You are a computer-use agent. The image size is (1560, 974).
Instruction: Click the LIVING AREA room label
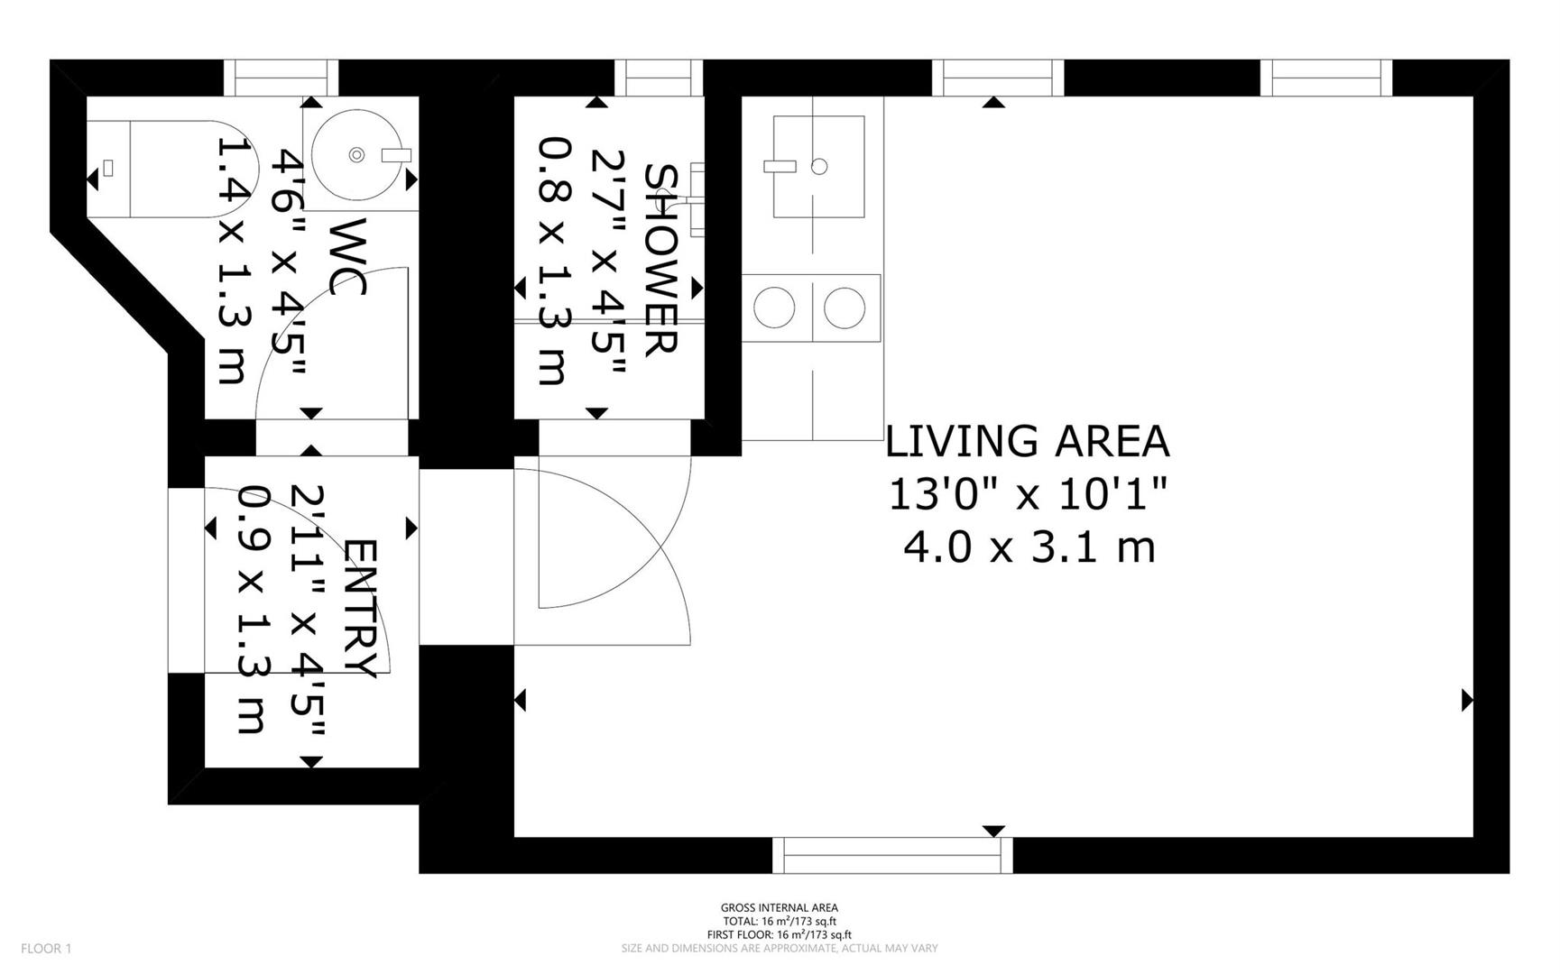[1027, 442]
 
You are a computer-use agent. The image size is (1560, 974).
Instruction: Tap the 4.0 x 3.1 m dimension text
[1029, 547]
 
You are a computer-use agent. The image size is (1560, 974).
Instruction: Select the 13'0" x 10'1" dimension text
[1029, 494]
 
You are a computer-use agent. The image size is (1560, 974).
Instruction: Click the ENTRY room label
[360, 609]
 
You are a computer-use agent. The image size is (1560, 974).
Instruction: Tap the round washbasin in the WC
[357, 155]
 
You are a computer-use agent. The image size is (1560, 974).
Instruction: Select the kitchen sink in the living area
[818, 166]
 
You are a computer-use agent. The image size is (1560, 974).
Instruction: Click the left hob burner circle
[774, 308]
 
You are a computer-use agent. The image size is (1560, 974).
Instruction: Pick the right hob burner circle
[845, 308]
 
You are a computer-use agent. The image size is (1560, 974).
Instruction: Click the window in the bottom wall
[892, 855]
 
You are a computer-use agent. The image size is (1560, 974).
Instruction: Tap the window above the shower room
[659, 78]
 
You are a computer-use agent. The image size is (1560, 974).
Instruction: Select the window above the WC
[281, 78]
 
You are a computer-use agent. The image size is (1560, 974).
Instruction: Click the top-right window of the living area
[1326, 78]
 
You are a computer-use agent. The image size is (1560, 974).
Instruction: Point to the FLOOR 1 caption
[46, 948]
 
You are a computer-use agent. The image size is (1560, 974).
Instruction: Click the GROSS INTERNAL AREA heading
[780, 907]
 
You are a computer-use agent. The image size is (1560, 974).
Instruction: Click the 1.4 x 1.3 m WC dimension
[232, 260]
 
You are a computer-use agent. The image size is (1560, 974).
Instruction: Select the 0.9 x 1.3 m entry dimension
[252, 610]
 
